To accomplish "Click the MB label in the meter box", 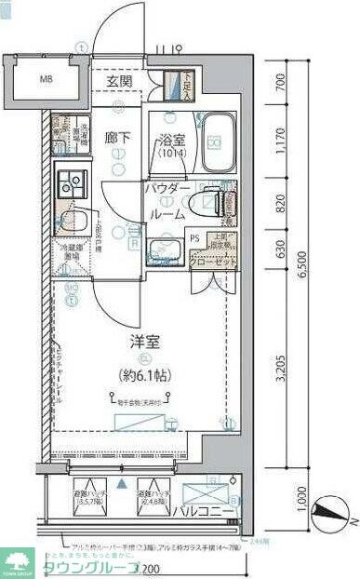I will [46, 80].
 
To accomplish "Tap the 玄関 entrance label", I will [119, 82].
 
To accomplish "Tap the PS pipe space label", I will [193, 237].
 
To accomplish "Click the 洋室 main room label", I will [144, 343].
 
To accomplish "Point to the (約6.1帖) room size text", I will [144, 376].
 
